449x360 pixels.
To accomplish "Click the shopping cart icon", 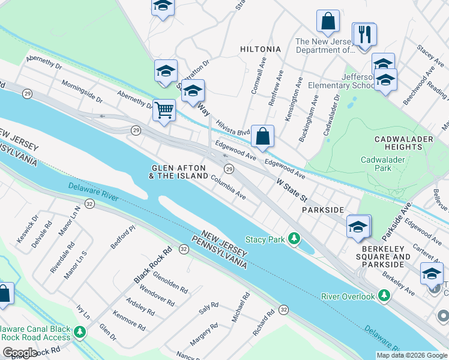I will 163,110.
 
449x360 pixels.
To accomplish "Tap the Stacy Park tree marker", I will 294,239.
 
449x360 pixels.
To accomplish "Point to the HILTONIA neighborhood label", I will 260,49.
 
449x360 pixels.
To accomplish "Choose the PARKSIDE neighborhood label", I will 323,209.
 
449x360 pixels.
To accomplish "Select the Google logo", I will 19,352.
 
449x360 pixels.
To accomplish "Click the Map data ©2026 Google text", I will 411,355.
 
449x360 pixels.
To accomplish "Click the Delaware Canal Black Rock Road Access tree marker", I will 79,332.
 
